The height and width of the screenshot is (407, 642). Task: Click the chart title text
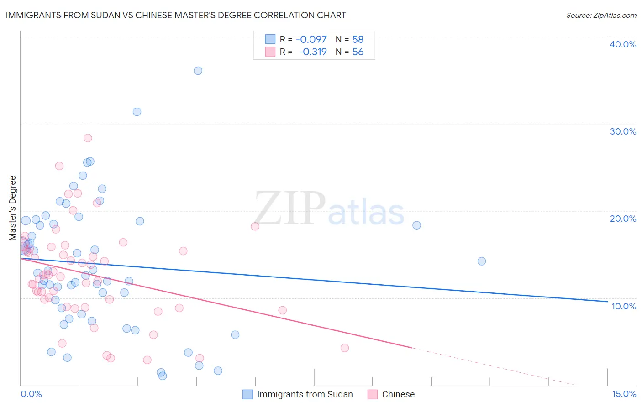point(176,15)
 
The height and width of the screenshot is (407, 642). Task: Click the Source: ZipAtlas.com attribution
point(601,16)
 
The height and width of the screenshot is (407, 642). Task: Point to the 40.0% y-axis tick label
point(623,44)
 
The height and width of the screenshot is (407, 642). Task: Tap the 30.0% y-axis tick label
point(623,131)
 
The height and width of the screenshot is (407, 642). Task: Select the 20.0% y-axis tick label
point(623,219)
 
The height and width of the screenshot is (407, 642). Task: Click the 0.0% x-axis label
point(31,394)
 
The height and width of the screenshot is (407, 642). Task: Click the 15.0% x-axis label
point(624,394)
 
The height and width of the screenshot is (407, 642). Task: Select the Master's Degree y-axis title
point(13,208)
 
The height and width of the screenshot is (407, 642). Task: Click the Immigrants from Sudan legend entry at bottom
point(305,394)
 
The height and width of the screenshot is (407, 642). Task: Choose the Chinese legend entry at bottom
point(398,394)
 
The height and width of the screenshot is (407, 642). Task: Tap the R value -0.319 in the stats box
point(312,52)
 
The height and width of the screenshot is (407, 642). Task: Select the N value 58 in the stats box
point(358,39)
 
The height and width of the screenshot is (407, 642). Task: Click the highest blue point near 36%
point(198,71)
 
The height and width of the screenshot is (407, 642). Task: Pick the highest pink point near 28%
point(88,138)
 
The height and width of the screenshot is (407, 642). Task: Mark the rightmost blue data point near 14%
point(481,261)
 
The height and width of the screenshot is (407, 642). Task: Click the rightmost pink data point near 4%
point(344,348)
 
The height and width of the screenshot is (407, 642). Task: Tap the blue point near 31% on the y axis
point(137,112)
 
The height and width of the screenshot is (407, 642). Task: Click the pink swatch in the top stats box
point(270,52)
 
